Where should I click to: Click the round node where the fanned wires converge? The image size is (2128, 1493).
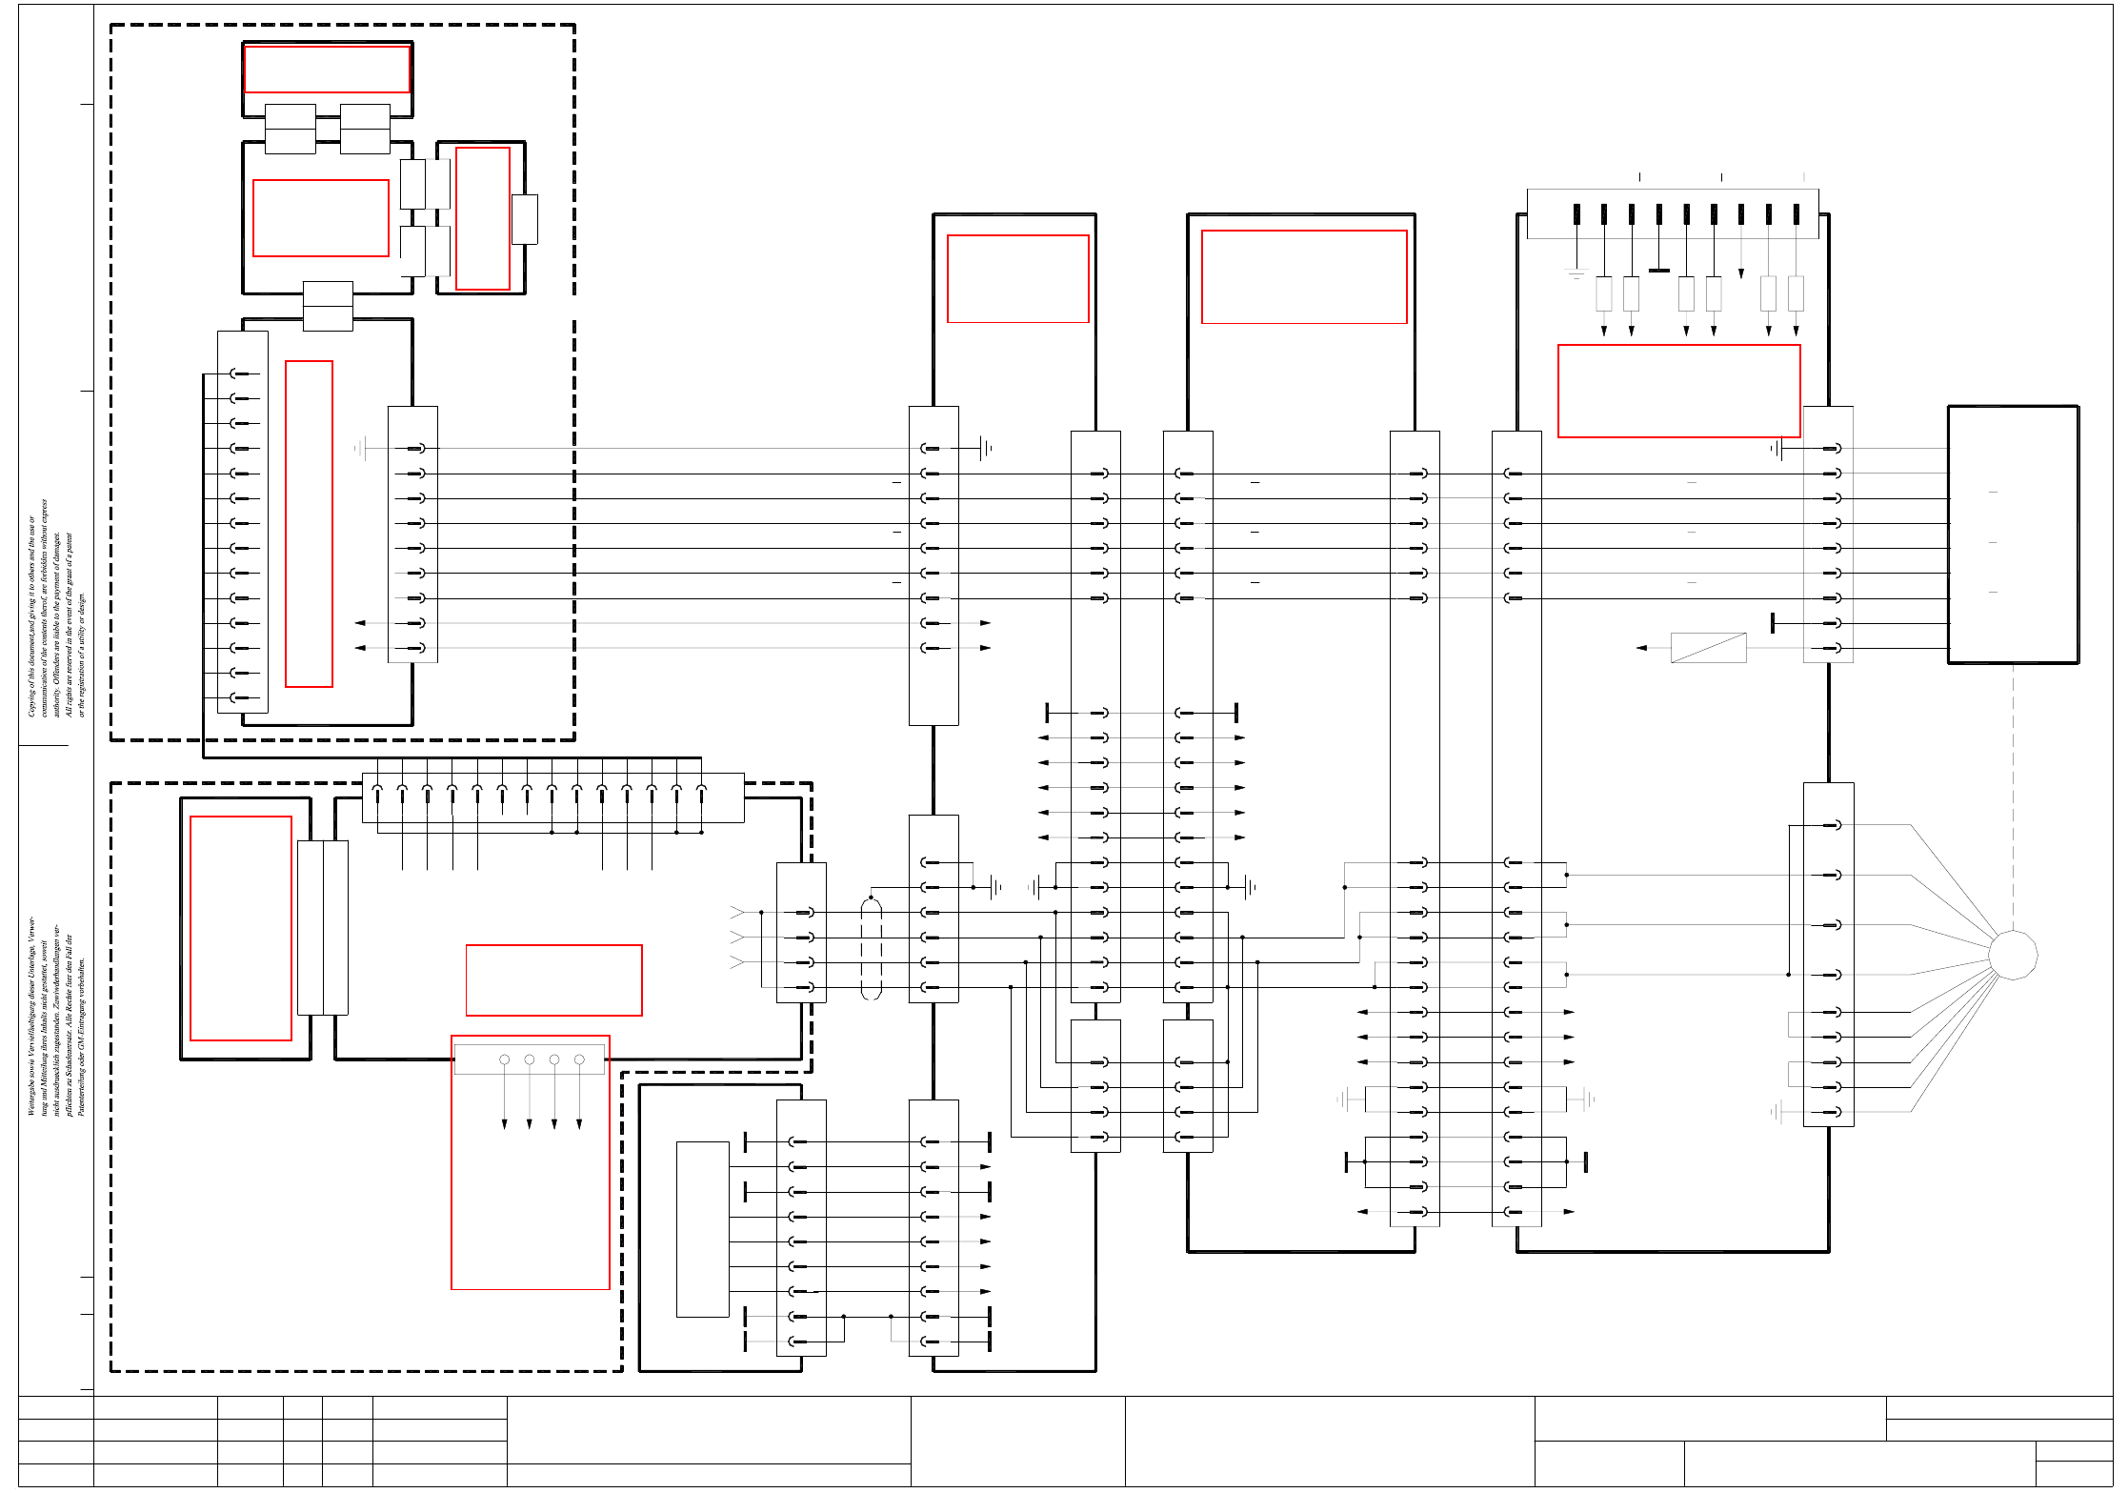tap(2013, 954)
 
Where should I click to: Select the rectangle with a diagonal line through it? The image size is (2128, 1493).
tap(1708, 648)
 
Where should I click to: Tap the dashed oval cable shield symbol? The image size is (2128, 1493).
tap(871, 948)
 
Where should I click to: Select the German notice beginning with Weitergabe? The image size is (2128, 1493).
tap(55, 1016)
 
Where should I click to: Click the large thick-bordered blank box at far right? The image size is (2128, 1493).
tap(2013, 535)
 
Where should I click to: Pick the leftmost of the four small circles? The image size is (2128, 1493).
tap(504, 1059)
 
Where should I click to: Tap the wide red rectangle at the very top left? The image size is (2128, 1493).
tap(327, 69)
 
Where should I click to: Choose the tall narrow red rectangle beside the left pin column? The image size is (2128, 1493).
tap(309, 523)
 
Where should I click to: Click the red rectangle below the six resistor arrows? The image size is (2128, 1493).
tap(1678, 391)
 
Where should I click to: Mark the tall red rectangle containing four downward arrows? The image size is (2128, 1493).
tap(530, 1162)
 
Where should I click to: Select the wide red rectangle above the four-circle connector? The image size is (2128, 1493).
tap(553, 979)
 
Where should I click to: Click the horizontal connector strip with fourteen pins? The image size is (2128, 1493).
tap(552, 797)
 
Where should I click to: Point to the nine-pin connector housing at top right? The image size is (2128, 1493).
tap(1672, 213)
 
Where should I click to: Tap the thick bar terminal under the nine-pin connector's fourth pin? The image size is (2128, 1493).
tap(1659, 271)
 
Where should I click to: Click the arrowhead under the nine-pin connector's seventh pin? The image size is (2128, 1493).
tap(1741, 273)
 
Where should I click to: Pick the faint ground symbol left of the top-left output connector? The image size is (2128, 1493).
tap(360, 448)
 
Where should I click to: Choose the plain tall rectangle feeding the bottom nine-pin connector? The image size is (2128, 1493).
tap(702, 1229)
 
